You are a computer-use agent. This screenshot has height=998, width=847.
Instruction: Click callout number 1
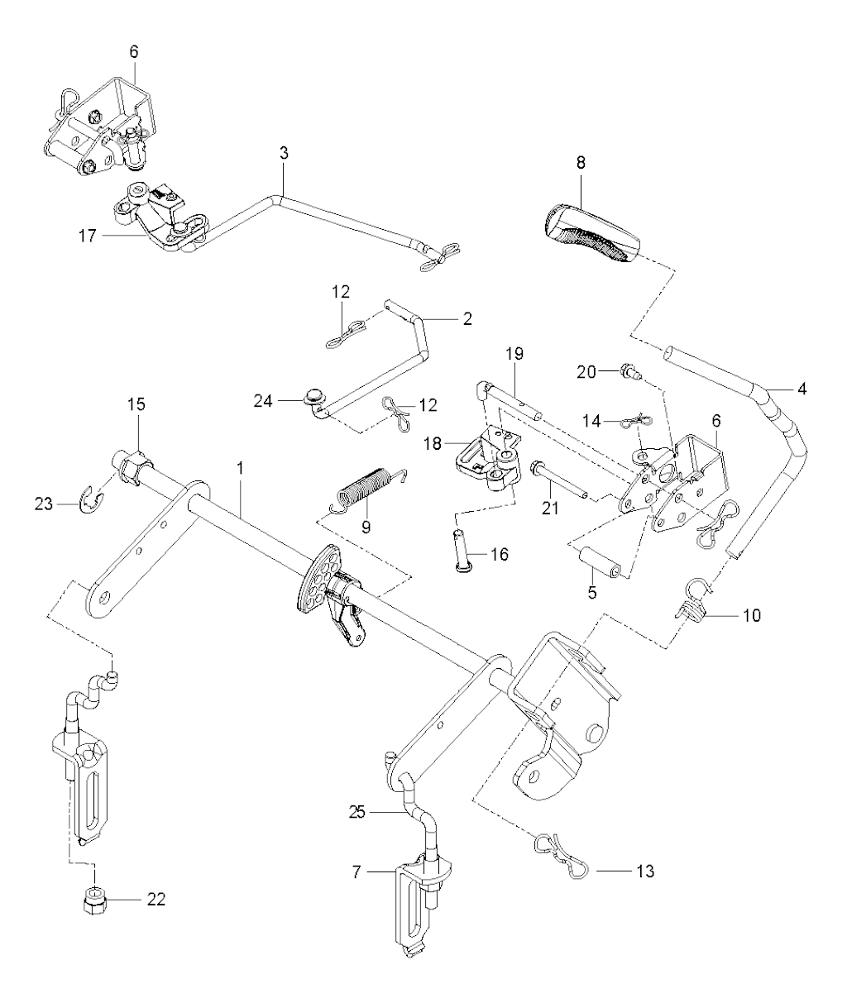240,468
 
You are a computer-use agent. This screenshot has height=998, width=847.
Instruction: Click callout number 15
136,403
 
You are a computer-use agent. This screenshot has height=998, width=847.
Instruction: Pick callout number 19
514,354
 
